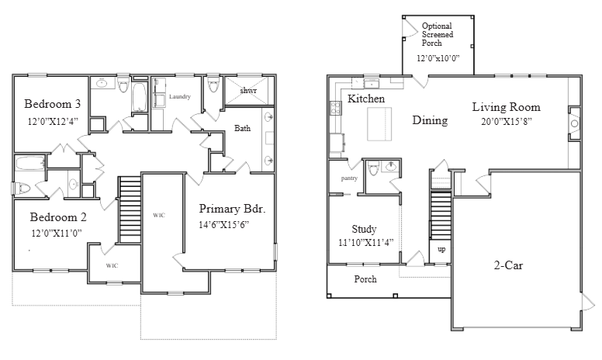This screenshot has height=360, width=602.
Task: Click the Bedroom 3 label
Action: click(53, 104)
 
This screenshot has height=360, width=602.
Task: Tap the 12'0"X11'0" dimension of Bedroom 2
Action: click(57, 233)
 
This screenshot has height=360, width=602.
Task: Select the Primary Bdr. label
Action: click(232, 209)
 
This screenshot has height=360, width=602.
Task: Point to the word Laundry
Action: click(180, 96)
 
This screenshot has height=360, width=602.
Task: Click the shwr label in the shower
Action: click(248, 91)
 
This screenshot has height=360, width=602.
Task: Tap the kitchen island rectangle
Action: click(379, 124)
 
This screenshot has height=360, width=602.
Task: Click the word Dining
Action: click(430, 120)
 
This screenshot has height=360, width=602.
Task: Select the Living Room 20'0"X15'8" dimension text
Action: click(507, 122)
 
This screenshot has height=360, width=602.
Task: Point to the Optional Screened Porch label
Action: click(438, 34)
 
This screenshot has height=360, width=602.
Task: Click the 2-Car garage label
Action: click(508, 265)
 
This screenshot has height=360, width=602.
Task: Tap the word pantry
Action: click(349, 178)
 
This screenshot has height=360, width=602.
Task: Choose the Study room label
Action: click(364, 230)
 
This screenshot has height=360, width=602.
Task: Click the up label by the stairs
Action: click(441, 249)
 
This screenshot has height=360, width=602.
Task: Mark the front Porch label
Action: click(365, 279)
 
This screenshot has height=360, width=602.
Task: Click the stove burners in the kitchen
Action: click(336, 108)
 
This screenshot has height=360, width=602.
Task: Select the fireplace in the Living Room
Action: click(574, 123)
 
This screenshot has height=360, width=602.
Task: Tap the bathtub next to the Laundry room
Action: click(140, 97)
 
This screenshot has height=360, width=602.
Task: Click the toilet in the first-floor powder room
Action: click(373, 168)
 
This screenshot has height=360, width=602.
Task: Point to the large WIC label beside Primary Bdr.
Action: click(159, 216)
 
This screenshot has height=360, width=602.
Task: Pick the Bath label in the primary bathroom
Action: click(242, 128)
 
